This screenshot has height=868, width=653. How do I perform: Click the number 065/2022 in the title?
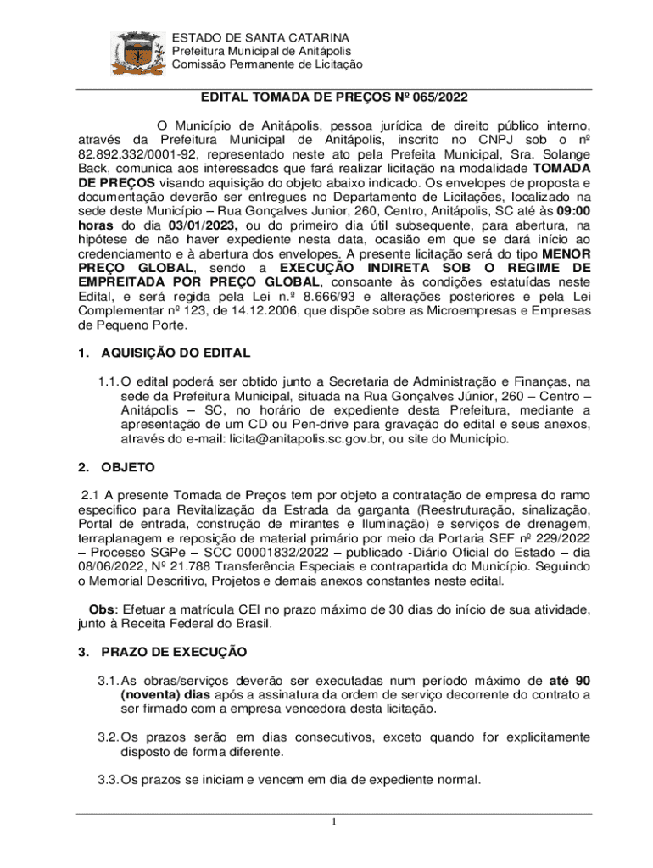click(x=428, y=97)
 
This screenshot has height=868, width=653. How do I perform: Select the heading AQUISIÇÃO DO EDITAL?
click(x=176, y=353)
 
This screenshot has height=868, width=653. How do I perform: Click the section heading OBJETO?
click(x=128, y=466)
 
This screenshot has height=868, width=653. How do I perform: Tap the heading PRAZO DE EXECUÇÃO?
click(x=174, y=652)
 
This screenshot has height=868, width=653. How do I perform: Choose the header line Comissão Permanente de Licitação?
click(x=267, y=64)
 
